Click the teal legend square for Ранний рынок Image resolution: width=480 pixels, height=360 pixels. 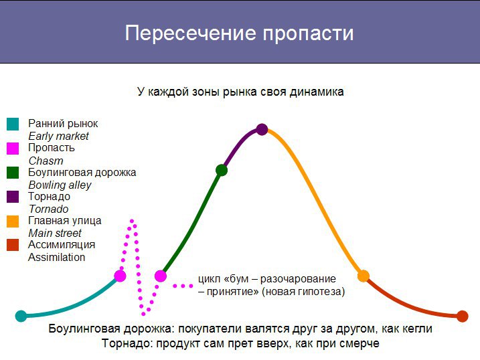click(13, 124)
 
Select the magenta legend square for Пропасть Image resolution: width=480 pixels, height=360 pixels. click(13, 149)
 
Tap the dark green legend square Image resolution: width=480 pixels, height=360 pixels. click(13, 173)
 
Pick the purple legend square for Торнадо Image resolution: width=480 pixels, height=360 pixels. click(13, 197)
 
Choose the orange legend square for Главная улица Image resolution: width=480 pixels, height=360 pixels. click(13, 221)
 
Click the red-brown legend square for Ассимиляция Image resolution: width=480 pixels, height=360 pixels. click(13, 245)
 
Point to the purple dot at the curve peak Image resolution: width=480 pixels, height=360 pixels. click(262, 129)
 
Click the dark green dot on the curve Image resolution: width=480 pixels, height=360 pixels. click(222, 170)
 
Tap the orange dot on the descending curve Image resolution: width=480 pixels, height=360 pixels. click(364, 276)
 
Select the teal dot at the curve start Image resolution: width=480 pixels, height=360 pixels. click(21, 316)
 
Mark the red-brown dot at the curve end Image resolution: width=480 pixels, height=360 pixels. click(462, 317)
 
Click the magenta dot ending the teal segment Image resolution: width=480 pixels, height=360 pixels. click(120, 276)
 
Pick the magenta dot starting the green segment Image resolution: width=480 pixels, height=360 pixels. click(161, 276)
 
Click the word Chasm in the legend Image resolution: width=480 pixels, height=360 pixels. click(46, 161)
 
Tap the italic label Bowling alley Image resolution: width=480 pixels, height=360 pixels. click(60, 185)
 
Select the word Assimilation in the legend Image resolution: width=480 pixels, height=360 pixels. click(57, 257)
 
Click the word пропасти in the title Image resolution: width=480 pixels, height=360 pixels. click(308, 33)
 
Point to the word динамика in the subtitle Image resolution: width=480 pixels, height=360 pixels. click(317, 92)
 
